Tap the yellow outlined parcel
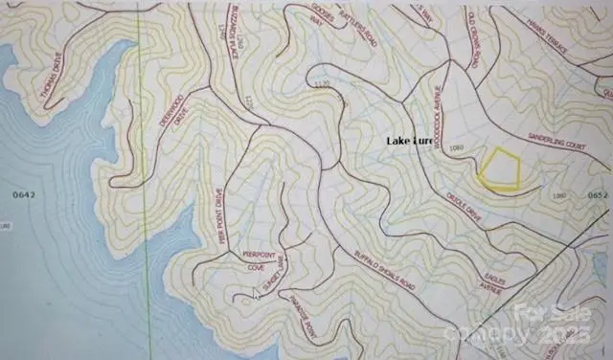(x=500, y=170)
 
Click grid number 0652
(x=597, y=194)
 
